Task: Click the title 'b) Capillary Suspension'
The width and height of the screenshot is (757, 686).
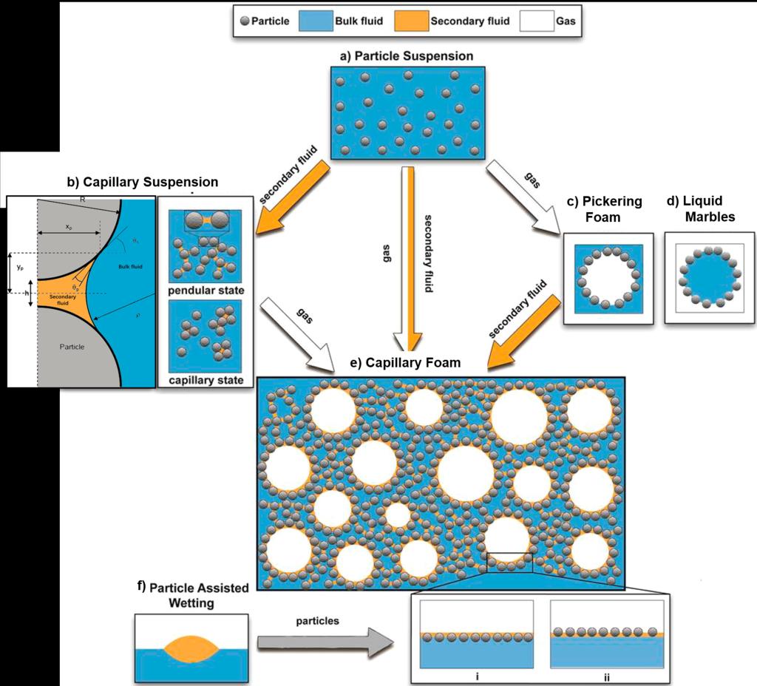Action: click(142, 182)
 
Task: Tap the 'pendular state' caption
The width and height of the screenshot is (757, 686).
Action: click(206, 290)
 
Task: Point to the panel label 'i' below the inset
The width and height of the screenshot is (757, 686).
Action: click(475, 676)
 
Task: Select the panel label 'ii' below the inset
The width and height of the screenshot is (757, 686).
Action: click(606, 676)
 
